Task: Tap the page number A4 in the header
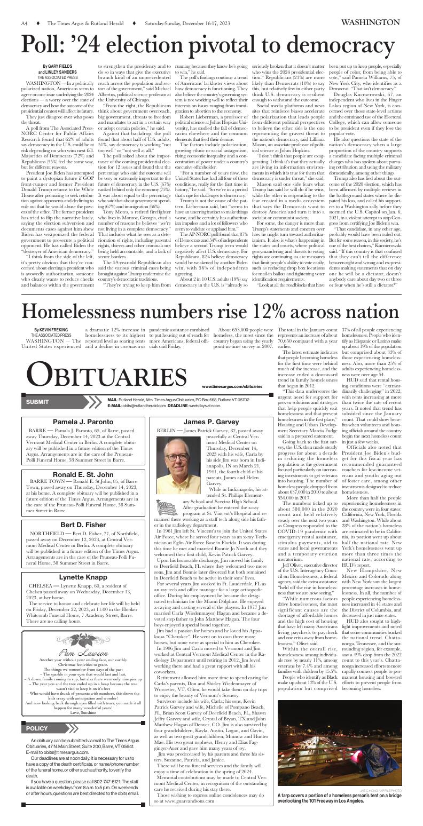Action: (25, 23)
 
